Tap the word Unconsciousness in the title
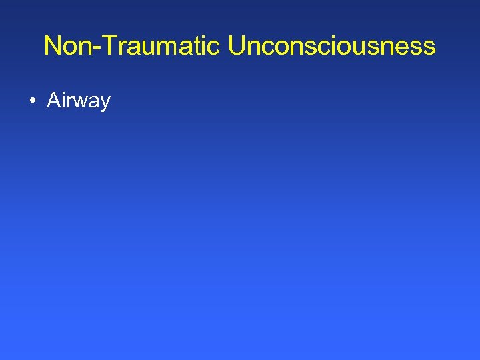[332, 46]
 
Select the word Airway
[79, 101]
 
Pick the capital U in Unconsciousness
[236, 46]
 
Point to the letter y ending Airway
[105, 103]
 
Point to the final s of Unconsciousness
[430, 48]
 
